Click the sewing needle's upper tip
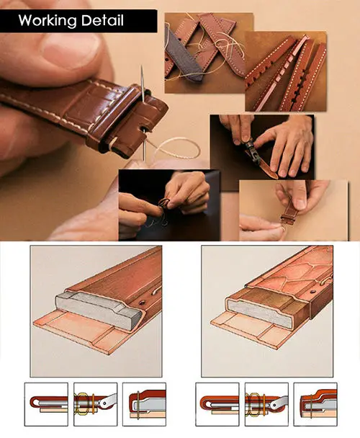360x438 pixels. [142, 66]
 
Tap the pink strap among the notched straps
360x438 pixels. [282, 74]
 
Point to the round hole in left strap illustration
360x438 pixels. [143, 303]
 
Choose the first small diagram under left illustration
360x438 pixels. [46, 404]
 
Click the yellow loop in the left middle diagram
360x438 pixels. [81, 403]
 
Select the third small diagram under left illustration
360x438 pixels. [145, 404]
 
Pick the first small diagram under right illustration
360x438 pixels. [217, 404]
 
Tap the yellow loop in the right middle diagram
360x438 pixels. [253, 403]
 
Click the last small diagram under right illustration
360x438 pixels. [315, 404]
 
